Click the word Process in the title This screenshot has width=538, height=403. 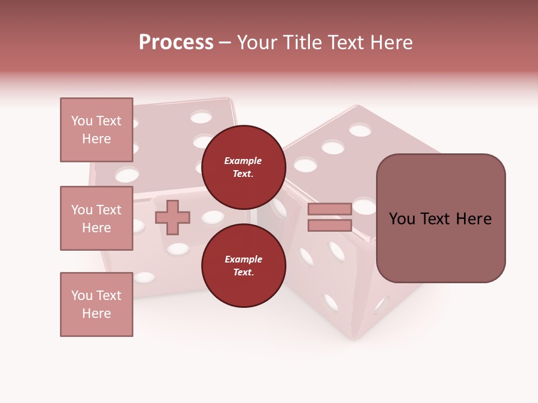pyautogui.click(x=176, y=43)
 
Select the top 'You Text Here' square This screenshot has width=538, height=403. pyautogui.click(x=96, y=130)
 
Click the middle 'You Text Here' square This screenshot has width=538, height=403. pyautogui.click(x=96, y=218)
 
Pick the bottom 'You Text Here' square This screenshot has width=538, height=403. pyautogui.click(x=96, y=304)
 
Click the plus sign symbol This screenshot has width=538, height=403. pyautogui.click(x=173, y=217)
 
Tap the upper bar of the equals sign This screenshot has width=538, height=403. pyautogui.click(x=330, y=209)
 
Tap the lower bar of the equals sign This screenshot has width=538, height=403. pyautogui.click(x=330, y=226)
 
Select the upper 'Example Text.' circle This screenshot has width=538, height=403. pyautogui.click(x=243, y=167)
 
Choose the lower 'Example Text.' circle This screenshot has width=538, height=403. pyautogui.click(x=243, y=265)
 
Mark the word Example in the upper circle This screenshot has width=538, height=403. pyautogui.click(x=243, y=161)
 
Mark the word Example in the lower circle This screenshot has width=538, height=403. pyautogui.click(x=243, y=259)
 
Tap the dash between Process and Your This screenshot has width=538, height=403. pyautogui.click(x=225, y=43)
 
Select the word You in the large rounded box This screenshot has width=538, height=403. pyautogui.click(x=402, y=219)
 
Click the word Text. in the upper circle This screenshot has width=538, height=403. pyautogui.click(x=243, y=174)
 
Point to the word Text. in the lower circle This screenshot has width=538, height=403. pyautogui.click(x=243, y=272)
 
